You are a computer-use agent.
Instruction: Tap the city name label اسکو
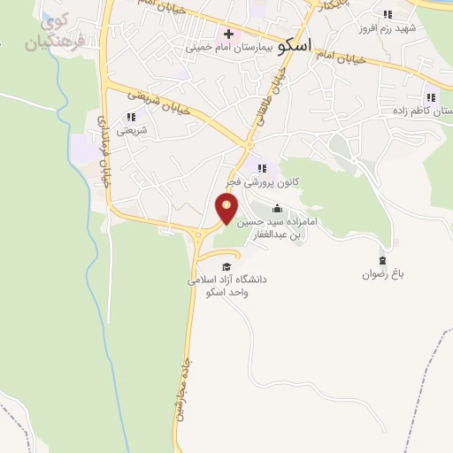point(294,45)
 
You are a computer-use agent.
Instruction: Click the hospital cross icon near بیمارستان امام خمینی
point(228,34)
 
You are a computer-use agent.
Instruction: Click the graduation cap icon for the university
point(226,266)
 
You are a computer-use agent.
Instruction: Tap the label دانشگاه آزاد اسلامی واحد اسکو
point(226,286)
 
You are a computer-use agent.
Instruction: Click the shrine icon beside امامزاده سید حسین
point(278,209)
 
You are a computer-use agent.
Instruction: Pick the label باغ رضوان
point(382,274)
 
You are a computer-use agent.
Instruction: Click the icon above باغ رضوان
point(382,260)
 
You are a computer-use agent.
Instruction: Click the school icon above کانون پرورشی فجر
point(261,167)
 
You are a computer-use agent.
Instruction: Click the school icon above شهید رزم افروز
point(387,13)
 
